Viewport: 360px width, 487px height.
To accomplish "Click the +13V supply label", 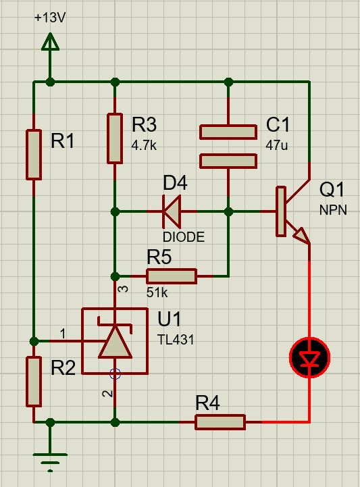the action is [50, 18].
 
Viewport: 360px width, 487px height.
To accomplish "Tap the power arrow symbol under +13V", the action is [50, 42].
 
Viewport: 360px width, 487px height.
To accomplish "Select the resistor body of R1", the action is [34, 155].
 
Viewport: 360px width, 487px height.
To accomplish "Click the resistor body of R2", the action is [34, 382].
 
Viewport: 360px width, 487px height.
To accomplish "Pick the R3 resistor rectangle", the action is [115, 138].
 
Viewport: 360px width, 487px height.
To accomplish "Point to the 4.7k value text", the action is [144, 145].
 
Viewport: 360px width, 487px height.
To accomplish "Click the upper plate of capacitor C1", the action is [228, 132].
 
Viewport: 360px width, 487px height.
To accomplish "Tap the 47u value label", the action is [277, 145].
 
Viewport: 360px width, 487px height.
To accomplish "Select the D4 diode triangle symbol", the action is [172, 212].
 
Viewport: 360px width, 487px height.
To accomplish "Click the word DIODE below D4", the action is [184, 237].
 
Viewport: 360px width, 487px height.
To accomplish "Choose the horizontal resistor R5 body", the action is [172, 276].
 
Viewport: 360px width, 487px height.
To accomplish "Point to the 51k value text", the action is [157, 292].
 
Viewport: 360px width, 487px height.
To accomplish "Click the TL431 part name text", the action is [176, 340].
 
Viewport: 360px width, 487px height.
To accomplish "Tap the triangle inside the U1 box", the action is [115, 342].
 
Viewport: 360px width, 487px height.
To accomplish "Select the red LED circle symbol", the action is [309, 358].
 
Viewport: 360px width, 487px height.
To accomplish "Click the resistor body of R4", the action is [220, 422].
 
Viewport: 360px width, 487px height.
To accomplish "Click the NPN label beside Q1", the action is [333, 210].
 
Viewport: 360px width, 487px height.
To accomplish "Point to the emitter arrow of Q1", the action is [301, 236].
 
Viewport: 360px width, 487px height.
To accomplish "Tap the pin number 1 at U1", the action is [63, 334].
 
